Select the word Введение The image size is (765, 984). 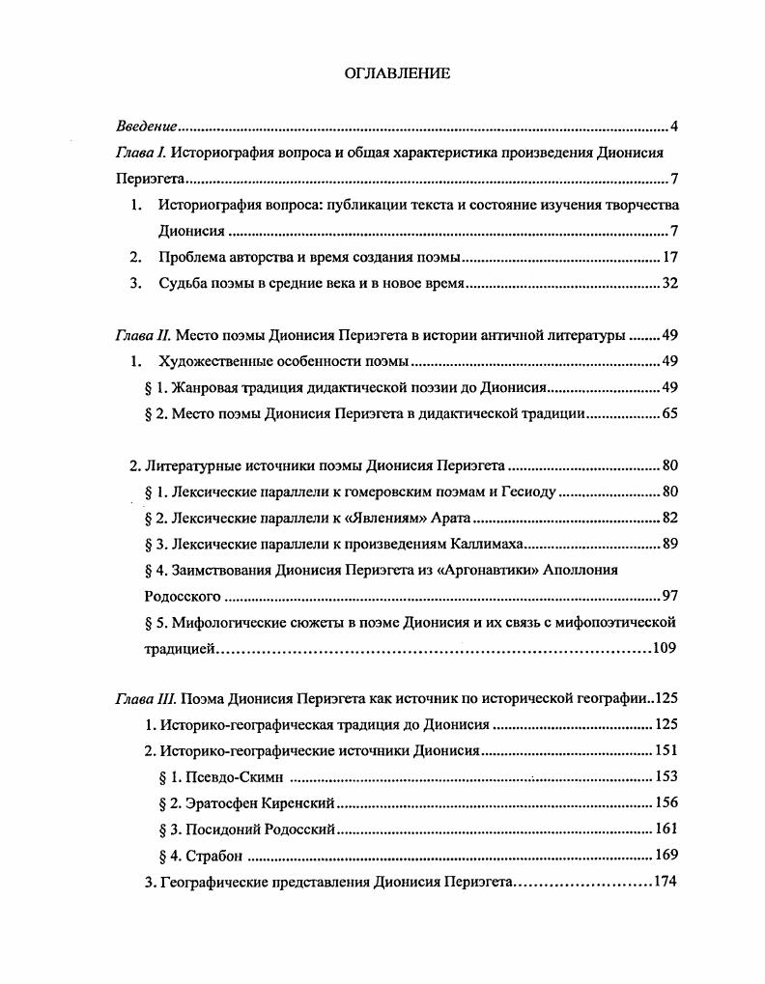click(146, 127)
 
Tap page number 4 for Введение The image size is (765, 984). click(674, 127)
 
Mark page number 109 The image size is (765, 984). click(665, 648)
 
